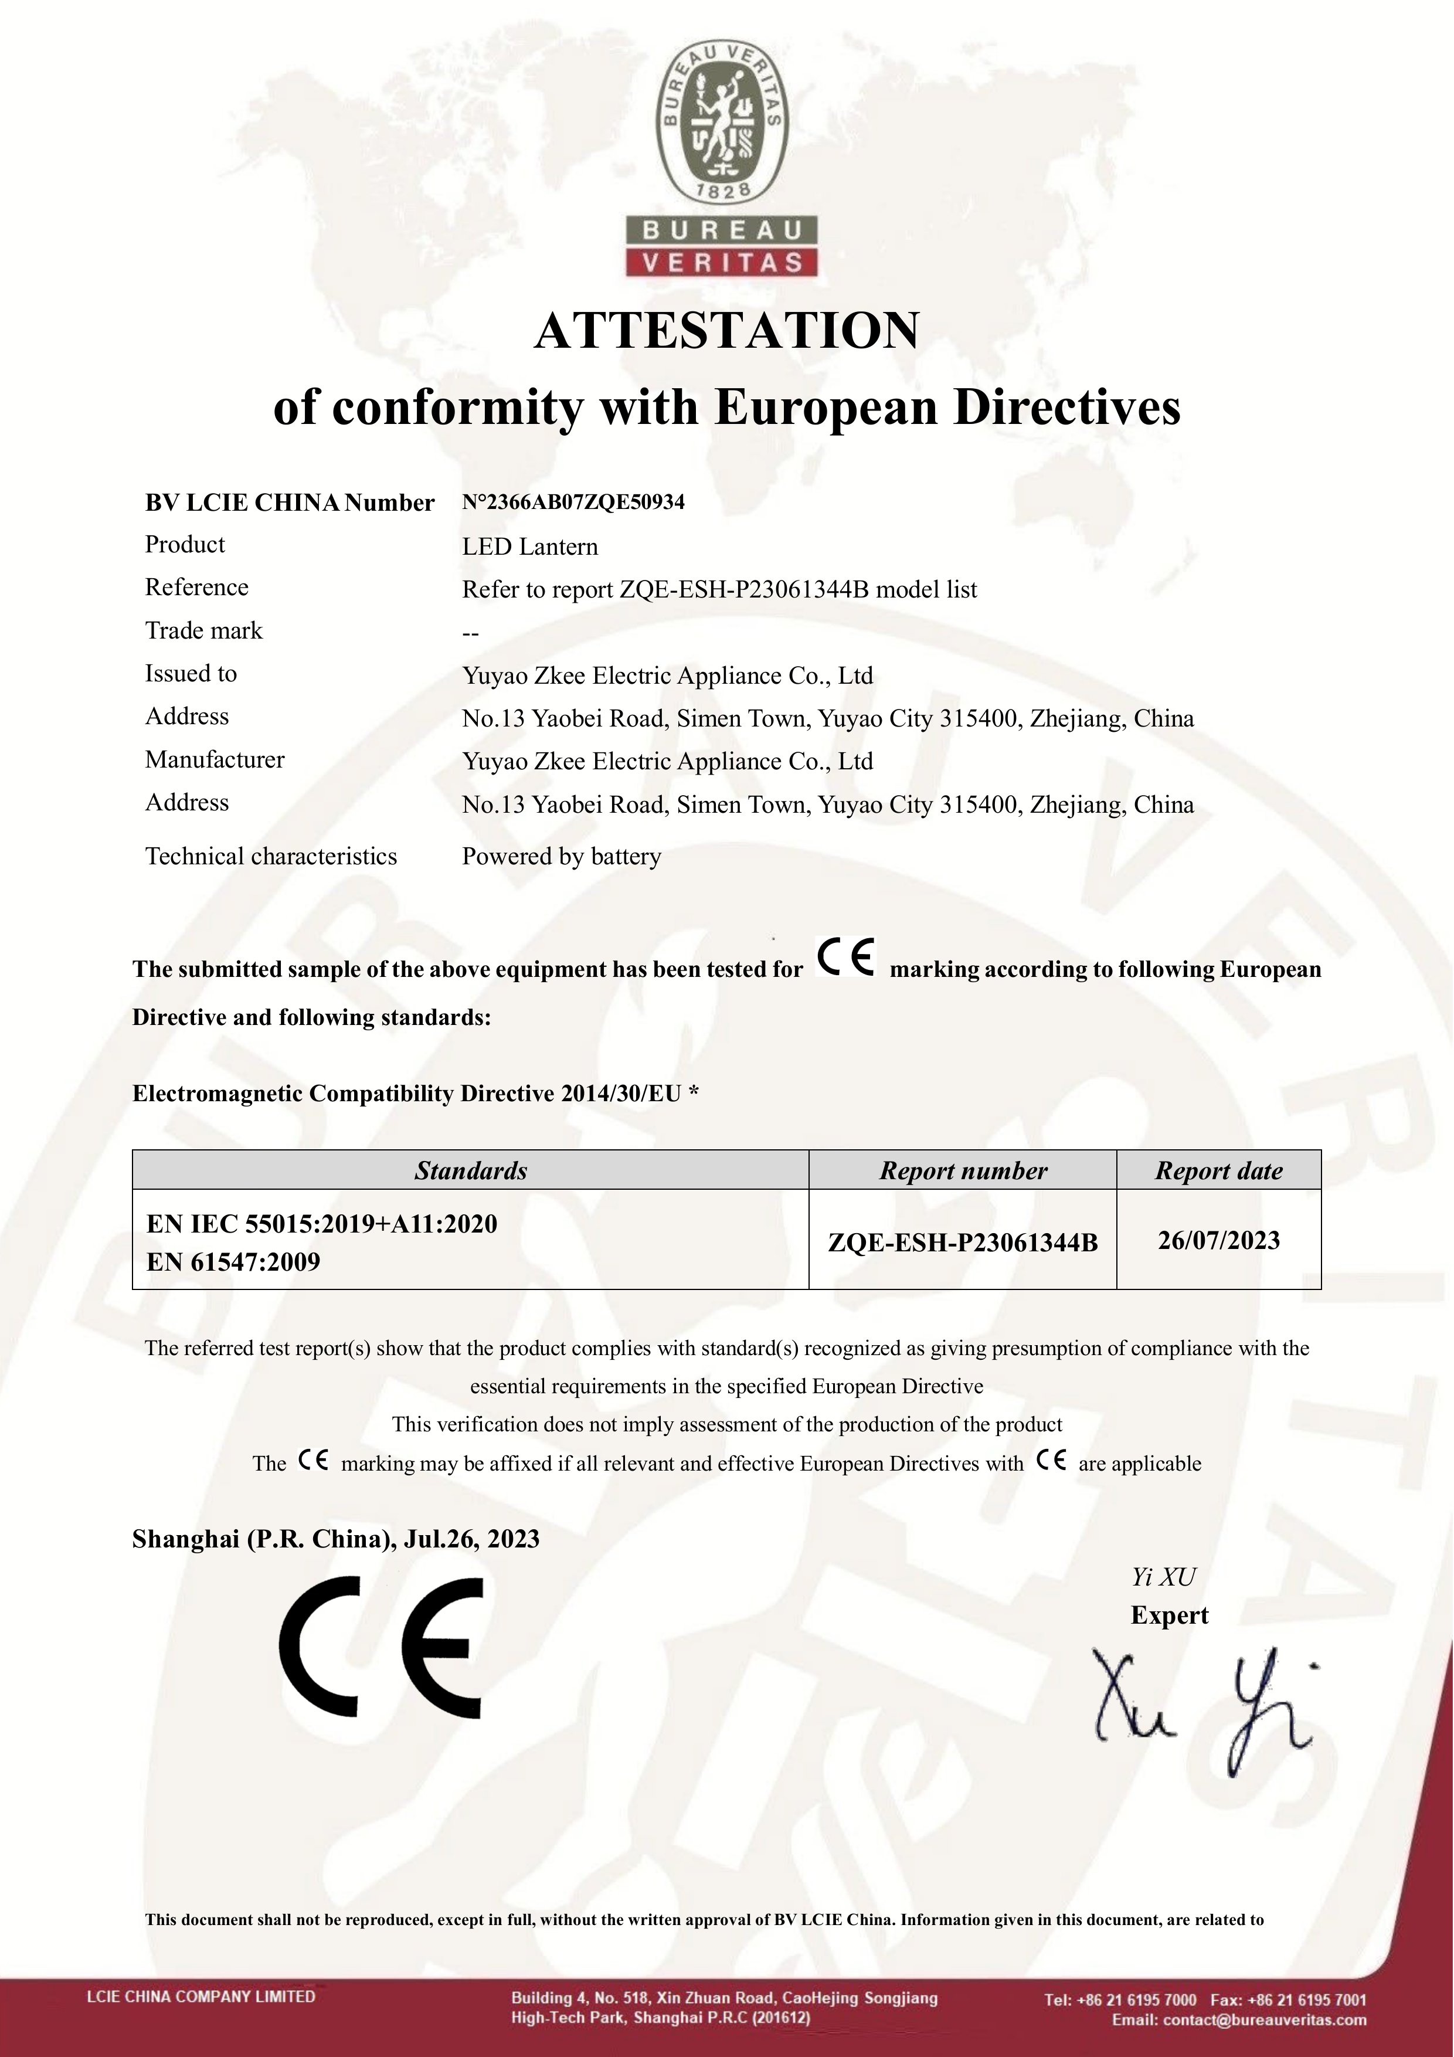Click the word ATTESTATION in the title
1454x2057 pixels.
726,331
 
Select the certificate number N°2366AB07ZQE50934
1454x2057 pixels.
573,502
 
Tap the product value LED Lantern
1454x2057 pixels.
529,547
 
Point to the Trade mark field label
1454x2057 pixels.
203,631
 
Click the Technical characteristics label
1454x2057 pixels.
270,857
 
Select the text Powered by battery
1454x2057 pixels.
562,857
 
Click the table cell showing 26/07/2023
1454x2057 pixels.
1218,1240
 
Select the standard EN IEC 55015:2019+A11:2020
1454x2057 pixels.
322,1224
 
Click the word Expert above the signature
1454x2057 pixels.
1169,1615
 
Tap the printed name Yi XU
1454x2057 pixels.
1163,1577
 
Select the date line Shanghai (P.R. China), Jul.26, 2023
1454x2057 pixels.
336,1539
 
